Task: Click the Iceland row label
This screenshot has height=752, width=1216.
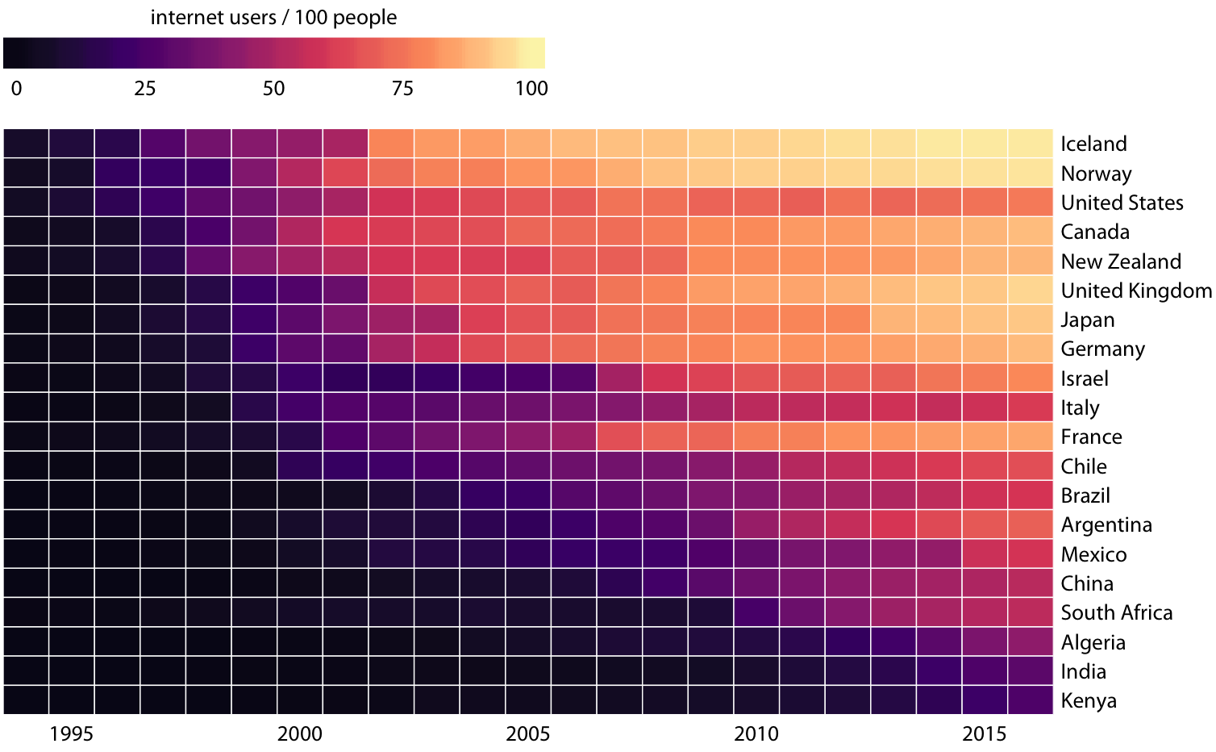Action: (1093, 144)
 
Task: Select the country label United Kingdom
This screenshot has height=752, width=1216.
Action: (1136, 290)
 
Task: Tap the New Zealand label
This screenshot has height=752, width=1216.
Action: (1121, 261)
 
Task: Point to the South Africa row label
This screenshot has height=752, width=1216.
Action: (1117, 612)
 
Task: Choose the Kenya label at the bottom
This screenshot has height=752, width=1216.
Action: (1089, 700)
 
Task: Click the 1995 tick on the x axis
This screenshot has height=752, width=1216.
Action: (71, 733)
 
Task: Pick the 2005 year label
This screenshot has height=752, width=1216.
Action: (528, 733)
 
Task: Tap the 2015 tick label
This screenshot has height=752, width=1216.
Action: (985, 733)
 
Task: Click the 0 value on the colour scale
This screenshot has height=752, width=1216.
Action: (16, 88)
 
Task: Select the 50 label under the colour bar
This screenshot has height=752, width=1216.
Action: (274, 88)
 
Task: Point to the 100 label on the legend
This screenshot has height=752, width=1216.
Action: (531, 88)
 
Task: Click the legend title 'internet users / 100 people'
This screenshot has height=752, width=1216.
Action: (273, 17)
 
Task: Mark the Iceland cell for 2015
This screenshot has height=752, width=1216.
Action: (985, 144)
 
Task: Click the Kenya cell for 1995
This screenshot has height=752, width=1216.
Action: (72, 700)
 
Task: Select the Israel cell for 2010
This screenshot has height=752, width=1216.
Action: (756, 378)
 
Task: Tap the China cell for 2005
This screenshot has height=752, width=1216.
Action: (528, 583)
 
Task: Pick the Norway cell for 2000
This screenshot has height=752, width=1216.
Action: (300, 173)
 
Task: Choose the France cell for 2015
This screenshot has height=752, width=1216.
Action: (985, 437)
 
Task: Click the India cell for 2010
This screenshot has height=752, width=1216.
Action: (756, 671)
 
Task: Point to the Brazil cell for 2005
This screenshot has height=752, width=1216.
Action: (528, 495)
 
